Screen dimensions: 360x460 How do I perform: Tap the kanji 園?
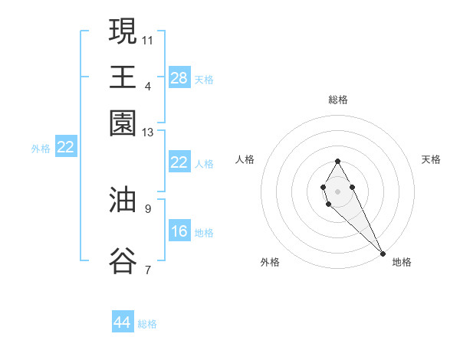point(123,123)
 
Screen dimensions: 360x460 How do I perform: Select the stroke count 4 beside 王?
point(148,86)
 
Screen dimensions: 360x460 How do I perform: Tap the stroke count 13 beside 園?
point(148,133)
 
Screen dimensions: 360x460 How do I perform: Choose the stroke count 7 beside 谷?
point(148,270)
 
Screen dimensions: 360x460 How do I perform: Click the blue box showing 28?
point(179,78)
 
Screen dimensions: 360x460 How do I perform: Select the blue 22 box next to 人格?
point(179,162)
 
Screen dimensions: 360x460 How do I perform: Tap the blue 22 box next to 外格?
point(65,147)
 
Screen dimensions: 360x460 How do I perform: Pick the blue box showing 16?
point(179,231)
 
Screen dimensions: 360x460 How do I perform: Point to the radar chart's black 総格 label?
point(337,100)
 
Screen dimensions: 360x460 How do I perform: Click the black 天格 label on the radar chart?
point(431,159)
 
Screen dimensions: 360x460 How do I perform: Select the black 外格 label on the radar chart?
point(270,262)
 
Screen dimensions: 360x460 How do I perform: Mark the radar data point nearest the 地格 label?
point(383,254)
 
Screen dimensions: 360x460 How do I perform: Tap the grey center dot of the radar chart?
point(337,191)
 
